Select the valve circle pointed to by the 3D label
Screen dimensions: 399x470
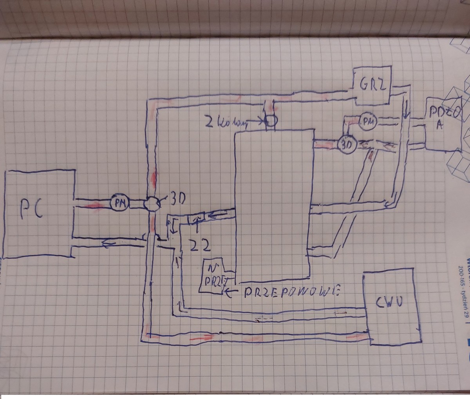(151, 204)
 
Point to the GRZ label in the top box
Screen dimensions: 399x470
(371, 84)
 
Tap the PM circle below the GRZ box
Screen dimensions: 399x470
(367, 121)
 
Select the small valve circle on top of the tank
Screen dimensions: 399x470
(271, 121)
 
